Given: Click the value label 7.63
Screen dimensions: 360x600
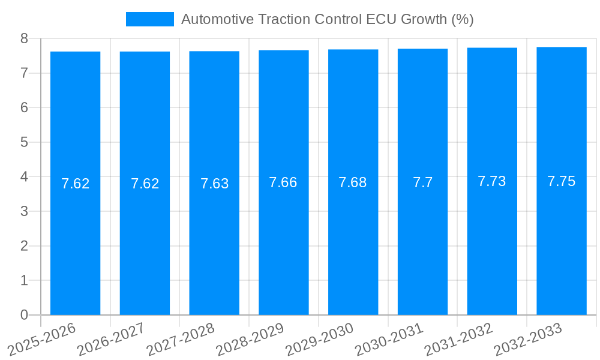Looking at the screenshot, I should (214, 184).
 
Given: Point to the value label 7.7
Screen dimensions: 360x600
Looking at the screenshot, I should (422, 183).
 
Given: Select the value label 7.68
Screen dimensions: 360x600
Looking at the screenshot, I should (353, 182).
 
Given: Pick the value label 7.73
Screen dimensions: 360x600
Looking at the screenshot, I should (492, 181).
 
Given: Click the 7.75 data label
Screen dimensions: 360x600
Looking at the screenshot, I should (562, 181).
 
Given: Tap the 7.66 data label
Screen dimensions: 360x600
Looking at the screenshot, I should (283, 182).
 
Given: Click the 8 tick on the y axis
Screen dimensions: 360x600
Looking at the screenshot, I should (24, 38).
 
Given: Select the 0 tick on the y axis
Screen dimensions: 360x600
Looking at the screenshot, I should (24, 315).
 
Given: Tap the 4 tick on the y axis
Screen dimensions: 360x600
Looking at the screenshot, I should (24, 177).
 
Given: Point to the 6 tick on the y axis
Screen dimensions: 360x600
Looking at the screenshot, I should (24, 108).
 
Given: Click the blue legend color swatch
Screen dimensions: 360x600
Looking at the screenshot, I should (149, 19).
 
